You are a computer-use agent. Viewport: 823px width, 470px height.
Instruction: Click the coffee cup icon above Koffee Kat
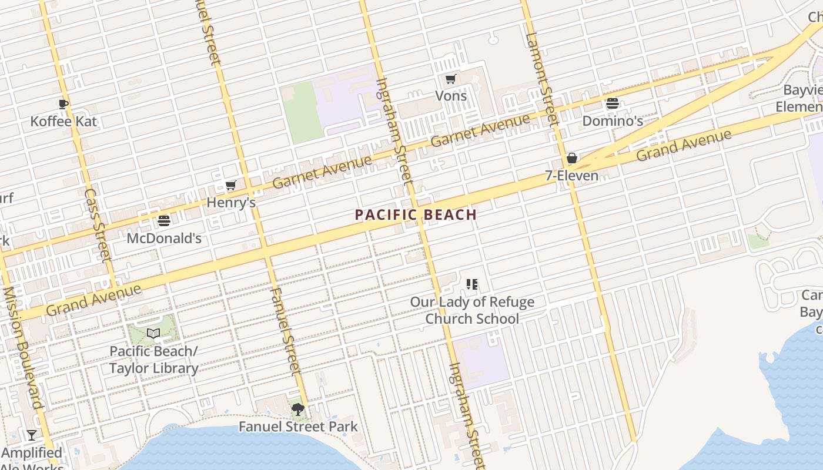[63, 105]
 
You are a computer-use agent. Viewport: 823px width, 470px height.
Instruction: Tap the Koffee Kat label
[63, 122]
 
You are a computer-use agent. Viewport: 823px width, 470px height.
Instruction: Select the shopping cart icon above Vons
[451, 79]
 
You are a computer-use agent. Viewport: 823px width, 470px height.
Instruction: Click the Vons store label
[451, 96]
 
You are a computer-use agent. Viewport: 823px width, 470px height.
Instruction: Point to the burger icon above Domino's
[613, 104]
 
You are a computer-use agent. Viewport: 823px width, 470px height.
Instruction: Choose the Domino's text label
[613, 121]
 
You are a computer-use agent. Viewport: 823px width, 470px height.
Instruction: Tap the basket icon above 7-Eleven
[571, 159]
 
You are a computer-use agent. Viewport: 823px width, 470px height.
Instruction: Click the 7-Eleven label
[571, 176]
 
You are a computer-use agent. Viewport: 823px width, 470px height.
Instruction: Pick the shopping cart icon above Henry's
[231, 186]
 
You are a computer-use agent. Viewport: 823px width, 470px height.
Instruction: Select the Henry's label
[231, 203]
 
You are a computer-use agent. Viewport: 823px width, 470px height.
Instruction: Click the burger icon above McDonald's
[164, 221]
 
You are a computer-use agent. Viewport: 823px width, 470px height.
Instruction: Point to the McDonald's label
[164, 238]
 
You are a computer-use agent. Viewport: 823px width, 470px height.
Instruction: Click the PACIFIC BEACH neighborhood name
[416, 215]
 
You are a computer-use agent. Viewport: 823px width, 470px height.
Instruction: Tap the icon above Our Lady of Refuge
[471, 285]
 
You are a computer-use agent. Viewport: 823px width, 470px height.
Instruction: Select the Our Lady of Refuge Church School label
[472, 310]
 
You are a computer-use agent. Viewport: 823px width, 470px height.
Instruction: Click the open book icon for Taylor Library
[153, 334]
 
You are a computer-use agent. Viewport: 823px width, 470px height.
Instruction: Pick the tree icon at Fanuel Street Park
[298, 409]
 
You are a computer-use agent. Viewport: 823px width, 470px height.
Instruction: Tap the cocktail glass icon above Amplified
[32, 435]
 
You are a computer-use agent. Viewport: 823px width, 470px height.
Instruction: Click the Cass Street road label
[98, 225]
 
